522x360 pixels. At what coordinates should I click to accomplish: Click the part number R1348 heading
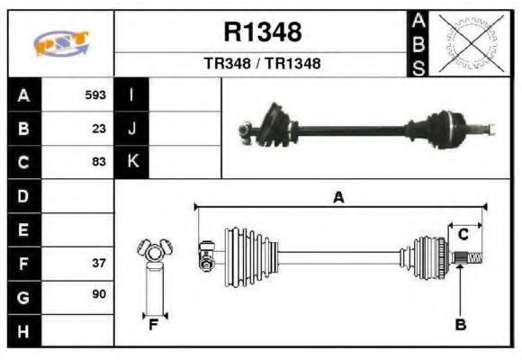click(262, 33)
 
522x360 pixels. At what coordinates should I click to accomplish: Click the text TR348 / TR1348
click(262, 64)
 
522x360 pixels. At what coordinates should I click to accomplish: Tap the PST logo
click(60, 42)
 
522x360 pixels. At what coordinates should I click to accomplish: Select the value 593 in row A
click(95, 94)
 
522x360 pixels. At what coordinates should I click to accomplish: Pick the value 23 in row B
click(99, 129)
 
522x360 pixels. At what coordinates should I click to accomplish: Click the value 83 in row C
click(99, 162)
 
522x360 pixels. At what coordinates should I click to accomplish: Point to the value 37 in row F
click(99, 265)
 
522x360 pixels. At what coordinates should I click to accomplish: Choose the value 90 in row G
click(99, 294)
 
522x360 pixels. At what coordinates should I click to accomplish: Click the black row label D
click(23, 195)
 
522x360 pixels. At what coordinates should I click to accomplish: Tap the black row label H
click(23, 331)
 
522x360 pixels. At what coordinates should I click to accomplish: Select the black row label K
click(132, 162)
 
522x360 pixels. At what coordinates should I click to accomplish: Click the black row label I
click(132, 94)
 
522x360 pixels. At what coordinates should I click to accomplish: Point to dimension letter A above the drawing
click(338, 197)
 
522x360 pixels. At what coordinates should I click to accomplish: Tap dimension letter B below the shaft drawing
click(460, 325)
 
